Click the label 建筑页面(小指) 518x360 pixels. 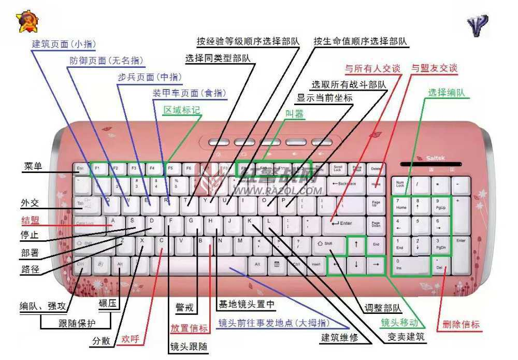pyautogui.click(x=64, y=44)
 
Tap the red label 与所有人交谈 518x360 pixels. pyautogui.click(x=373, y=68)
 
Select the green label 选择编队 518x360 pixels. pyautogui.click(x=446, y=93)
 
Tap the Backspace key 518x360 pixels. pyautogui.click(x=344, y=184)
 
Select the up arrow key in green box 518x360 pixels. pyautogui.click(x=356, y=244)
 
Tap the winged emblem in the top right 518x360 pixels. pyautogui.click(x=477, y=24)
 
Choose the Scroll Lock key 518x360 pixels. pyautogui.click(x=338, y=168)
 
